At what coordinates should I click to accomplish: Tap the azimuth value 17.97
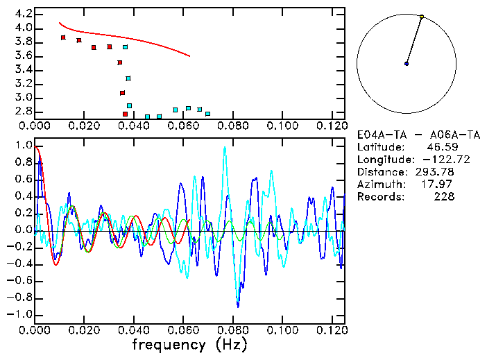(441, 185)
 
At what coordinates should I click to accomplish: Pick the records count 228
(445, 197)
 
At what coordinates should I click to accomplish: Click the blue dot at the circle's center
(407, 64)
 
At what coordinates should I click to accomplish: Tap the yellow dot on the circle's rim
(422, 17)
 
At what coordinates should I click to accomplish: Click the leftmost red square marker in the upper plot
(63, 37)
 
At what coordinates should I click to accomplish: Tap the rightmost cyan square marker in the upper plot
(207, 114)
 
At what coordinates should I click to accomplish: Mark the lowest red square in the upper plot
(125, 114)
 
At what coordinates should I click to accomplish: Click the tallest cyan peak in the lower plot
(224, 148)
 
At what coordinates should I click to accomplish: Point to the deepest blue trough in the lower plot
(238, 306)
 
